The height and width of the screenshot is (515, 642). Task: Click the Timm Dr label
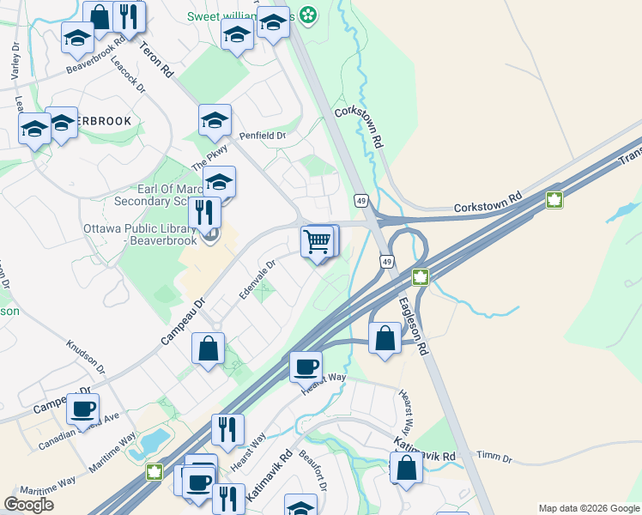coord(494,459)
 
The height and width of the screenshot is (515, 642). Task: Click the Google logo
coord(29,504)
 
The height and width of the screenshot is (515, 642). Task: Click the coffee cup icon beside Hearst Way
coord(306,367)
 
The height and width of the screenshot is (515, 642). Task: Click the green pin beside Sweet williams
coord(307,15)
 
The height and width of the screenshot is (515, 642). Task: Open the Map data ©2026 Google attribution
coord(588,508)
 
